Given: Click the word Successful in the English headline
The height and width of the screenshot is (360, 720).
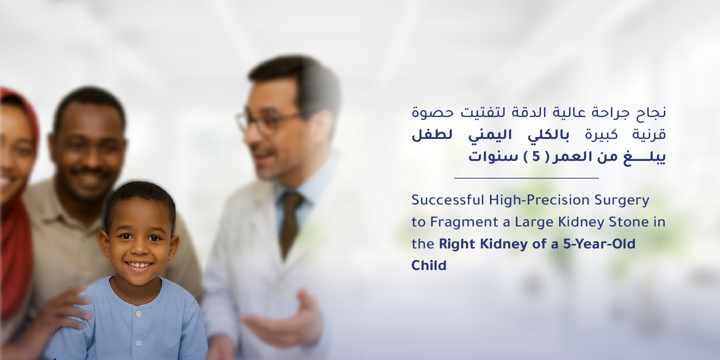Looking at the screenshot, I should [x=447, y=200].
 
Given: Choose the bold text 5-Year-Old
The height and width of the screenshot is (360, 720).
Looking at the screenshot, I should [x=599, y=244].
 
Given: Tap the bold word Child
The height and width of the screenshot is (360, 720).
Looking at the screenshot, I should [x=429, y=265].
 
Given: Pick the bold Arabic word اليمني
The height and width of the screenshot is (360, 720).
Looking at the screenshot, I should [x=490, y=135].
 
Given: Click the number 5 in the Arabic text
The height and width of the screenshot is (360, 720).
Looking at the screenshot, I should [x=536, y=157].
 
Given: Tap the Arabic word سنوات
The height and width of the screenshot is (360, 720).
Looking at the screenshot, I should [x=493, y=157].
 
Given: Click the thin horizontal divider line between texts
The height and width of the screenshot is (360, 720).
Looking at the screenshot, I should [x=526, y=178].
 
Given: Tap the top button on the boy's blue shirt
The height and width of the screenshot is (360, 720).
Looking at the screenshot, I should [x=139, y=314].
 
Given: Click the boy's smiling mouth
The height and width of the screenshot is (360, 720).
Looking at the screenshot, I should [x=139, y=266].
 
